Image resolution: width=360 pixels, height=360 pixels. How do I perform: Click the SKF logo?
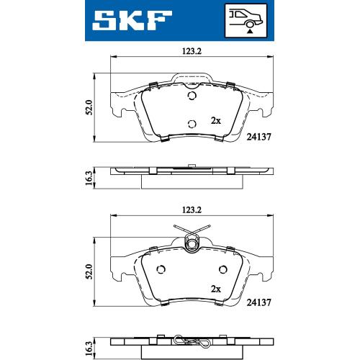(x=132, y=20)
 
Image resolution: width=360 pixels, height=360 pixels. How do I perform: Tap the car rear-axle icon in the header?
(x=246, y=21)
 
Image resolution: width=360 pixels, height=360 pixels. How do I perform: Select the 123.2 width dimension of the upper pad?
(x=192, y=51)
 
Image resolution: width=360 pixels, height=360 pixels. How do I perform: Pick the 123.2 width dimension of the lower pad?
(x=192, y=210)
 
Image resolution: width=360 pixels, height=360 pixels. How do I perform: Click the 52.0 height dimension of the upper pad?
(x=89, y=108)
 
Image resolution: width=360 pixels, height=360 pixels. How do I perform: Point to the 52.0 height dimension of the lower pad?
(x=89, y=271)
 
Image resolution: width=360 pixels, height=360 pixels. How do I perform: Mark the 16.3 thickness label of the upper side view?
(x=89, y=178)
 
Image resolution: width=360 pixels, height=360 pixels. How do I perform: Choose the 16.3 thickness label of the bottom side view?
(x=89, y=348)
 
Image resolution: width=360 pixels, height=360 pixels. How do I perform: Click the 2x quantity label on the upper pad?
(x=216, y=121)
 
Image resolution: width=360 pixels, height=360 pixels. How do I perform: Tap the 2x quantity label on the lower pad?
(x=216, y=289)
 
